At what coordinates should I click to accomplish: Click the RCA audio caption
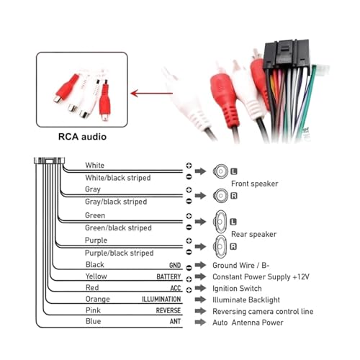[x=82, y=137]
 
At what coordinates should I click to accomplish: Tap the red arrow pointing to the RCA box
[x=152, y=93]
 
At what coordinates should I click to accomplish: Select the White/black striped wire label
[x=118, y=178]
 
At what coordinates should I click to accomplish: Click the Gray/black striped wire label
[x=116, y=202]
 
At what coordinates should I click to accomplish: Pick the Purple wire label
[x=96, y=240]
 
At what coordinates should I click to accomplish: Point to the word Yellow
[x=96, y=276]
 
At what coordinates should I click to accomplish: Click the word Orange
[x=97, y=299]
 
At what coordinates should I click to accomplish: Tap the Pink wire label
[x=93, y=310]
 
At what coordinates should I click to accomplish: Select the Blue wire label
[x=93, y=321]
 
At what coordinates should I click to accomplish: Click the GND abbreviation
[x=175, y=265]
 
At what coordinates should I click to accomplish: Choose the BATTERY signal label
[x=168, y=276]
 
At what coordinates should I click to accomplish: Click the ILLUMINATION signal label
[x=161, y=300]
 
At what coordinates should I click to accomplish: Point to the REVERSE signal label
[x=168, y=310]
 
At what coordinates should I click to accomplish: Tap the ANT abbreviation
[x=175, y=322]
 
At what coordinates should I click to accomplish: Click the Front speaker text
[x=254, y=184]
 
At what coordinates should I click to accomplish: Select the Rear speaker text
[x=253, y=234]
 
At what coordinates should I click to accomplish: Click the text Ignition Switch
[x=237, y=288]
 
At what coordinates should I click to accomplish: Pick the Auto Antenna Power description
[x=248, y=323]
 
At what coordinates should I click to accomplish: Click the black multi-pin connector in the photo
[x=287, y=54]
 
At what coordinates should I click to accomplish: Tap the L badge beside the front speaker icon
[x=234, y=171]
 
